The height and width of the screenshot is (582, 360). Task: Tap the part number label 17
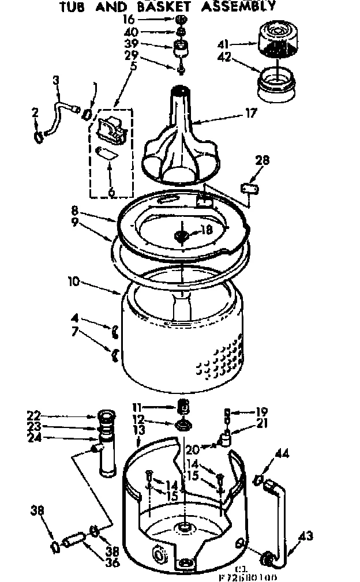tap(250, 114)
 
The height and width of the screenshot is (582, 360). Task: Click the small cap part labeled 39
tap(182, 47)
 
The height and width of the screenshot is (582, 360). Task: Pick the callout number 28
tap(261, 160)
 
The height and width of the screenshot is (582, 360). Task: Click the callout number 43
tap(306, 537)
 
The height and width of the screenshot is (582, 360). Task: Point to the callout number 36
tap(113, 562)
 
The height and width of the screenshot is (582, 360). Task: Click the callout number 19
tap(261, 412)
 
